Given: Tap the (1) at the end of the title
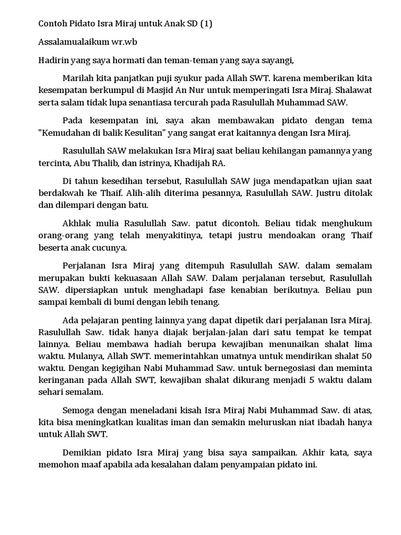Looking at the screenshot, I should tap(207, 24).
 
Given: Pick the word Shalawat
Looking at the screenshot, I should tap(353, 90).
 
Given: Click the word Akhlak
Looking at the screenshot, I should tap(77, 223).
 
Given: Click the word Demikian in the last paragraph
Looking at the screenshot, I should tap(82, 452).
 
